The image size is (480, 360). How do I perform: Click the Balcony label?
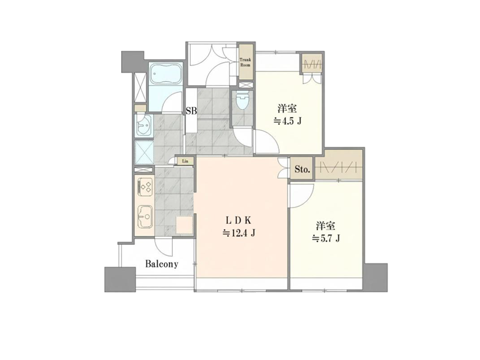point(161,264)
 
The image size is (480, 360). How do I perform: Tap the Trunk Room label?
point(245,62)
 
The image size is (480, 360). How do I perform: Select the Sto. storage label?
point(302,169)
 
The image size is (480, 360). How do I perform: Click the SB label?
point(191,111)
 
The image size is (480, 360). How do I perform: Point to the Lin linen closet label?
point(185,161)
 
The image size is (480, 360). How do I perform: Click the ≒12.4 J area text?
point(239,233)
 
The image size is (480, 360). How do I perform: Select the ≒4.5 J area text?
point(287,122)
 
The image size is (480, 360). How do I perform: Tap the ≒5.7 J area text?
point(326,238)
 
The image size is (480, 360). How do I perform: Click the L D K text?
point(238,220)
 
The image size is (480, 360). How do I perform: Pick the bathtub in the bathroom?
point(166,73)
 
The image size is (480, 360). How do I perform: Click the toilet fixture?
point(242,100)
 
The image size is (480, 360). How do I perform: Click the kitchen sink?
point(145,217)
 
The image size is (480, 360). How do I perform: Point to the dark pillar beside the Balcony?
point(120,280)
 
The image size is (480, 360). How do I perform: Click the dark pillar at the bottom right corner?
point(376,277)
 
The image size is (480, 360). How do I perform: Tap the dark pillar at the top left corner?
point(133,59)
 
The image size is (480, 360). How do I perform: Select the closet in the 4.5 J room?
point(311,64)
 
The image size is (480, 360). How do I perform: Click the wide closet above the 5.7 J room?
point(338,168)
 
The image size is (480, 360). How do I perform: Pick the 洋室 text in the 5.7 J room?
point(326,226)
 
